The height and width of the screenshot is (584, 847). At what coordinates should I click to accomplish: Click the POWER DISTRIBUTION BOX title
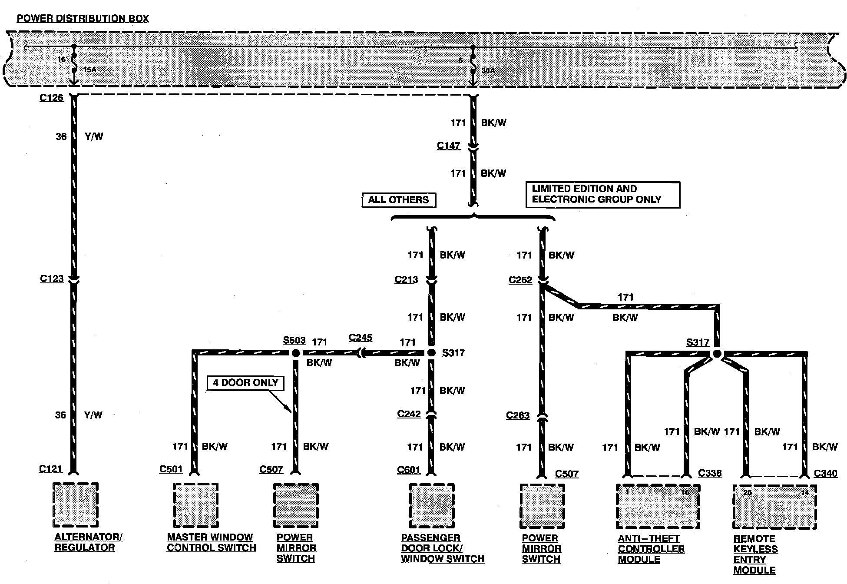(83, 19)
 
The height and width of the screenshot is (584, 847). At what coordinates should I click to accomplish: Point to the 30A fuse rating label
(488, 70)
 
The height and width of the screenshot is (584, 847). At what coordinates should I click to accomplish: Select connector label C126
(51, 98)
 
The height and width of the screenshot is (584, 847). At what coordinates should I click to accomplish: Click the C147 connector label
(448, 146)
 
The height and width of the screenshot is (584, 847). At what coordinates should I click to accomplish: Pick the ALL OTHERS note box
(398, 200)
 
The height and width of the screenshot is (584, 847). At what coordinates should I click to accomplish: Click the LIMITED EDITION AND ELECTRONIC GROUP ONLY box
(602, 194)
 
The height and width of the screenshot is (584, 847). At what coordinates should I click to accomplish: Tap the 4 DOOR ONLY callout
(245, 383)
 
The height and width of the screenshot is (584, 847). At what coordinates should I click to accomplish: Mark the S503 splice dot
(296, 353)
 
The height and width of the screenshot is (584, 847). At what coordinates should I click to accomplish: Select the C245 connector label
(361, 338)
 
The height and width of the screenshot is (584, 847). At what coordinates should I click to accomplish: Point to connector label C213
(406, 280)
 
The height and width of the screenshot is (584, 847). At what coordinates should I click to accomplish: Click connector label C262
(520, 280)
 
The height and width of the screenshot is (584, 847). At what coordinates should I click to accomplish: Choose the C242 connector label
(409, 414)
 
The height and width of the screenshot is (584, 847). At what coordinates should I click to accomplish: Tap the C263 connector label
(518, 415)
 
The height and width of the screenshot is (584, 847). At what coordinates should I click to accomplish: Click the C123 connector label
(52, 279)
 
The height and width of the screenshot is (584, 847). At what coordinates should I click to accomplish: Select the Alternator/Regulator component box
(76, 504)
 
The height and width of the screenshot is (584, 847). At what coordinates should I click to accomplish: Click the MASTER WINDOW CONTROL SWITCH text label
(211, 543)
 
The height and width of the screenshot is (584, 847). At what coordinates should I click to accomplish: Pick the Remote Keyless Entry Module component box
(774, 507)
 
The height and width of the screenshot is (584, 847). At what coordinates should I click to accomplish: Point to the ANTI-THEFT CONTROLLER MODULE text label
(651, 549)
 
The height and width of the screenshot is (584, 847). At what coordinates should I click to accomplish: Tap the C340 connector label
(825, 474)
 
